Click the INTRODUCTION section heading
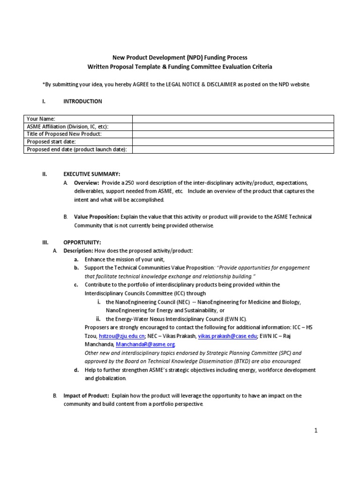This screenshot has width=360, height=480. tap(82, 101)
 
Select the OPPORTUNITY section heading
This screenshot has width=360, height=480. tap(82, 242)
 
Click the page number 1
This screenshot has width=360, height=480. tap(316, 431)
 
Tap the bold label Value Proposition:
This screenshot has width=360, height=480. tap(97, 217)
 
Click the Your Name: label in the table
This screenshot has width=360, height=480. tap(41, 119)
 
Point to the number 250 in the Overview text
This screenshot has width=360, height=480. tap(123, 182)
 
